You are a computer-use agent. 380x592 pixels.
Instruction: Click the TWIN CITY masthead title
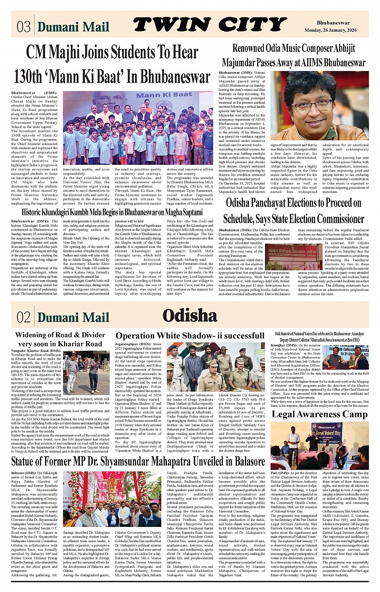(x=210, y=25)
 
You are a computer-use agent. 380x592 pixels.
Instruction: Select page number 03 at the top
(x=23, y=27)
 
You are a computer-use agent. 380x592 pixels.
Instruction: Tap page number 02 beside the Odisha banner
(x=23, y=317)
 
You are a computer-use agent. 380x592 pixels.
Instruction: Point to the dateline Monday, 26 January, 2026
(x=330, y=30)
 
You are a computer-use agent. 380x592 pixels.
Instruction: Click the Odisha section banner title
(x=190, y=315)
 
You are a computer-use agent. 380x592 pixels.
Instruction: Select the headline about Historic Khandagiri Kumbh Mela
(x=112, y=212)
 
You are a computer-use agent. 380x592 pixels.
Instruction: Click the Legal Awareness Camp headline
(x=320, y=414)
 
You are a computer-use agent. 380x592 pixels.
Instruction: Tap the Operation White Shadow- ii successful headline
(x=190, y=336)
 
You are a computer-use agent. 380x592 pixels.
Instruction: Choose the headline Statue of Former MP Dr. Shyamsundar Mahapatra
(x=138, y=461)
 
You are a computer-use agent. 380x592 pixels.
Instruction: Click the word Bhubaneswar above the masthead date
(x=333, y=23)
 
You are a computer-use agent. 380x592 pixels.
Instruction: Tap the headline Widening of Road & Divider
(x=60, y=339)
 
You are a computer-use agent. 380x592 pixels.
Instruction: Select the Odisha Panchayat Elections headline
(x=293, y=211)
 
